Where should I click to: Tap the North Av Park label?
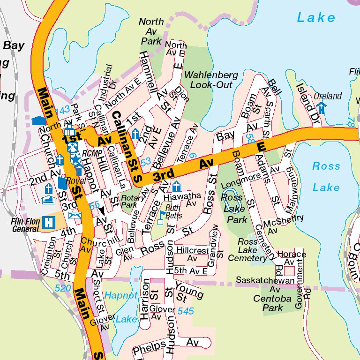[x=151, y=31]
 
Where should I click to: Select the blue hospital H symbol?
[x=47, y=223]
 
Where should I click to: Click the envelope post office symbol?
[x=75, y=216]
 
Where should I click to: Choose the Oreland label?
[x=328, y=96]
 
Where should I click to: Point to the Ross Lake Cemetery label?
[x=247, y=250]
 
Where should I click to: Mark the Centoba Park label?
[x=268, y=303]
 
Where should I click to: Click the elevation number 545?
[x=186, y=311]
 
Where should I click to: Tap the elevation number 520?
[x=63, y=288]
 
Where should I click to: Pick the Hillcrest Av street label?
[x=192, y=254]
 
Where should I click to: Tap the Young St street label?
[x=189, y=290]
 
